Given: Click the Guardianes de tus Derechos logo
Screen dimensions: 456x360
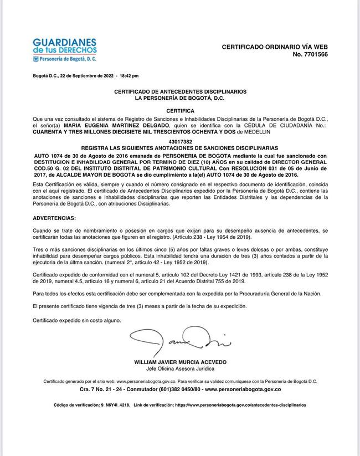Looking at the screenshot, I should coord(65,50).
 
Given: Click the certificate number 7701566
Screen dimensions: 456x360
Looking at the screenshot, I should coord(315,55).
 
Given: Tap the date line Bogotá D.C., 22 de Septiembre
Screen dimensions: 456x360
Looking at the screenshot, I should coord(86,75).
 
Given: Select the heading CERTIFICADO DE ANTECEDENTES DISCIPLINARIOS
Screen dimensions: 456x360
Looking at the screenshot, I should coord(180,91).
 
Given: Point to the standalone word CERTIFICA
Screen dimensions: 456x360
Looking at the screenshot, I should coord(180,111).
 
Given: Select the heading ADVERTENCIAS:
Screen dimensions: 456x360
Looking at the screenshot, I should coord(55,218).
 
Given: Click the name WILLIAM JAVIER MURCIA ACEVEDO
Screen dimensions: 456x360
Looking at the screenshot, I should coord(180,362).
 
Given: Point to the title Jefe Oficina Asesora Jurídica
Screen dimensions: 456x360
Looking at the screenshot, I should coord(180,368).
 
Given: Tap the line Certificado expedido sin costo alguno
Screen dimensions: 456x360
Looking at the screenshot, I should coord(76,321).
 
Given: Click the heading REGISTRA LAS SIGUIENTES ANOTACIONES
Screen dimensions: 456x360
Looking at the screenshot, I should coord(180,149).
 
